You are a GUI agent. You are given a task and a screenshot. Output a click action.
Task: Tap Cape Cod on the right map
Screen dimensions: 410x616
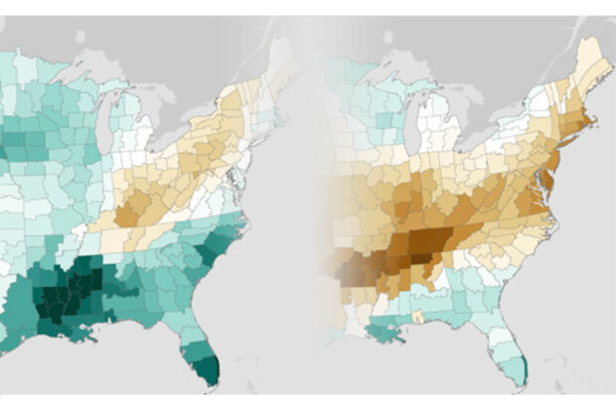click(594, 123)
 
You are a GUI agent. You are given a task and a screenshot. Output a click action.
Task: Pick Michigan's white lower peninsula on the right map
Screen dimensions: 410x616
click(452, 124)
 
